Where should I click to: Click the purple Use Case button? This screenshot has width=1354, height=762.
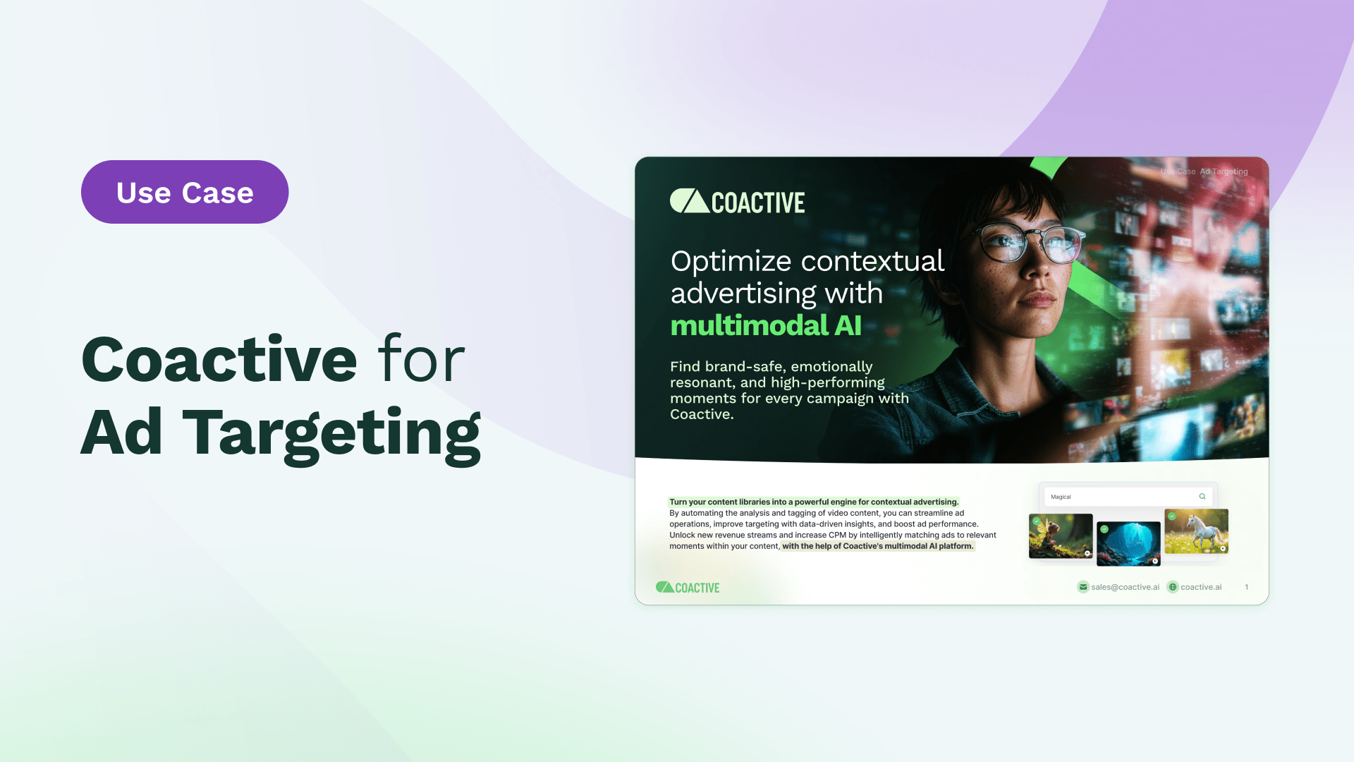pyautogui.click(x=185, y=192)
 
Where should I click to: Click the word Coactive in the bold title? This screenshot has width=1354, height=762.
pyautogui.click(x=219, y=359)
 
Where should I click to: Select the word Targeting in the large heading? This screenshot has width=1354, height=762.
pyautogui.click(x=331, y=433)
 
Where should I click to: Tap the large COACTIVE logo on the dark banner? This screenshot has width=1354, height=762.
pyautogui.click(x=737, y=202)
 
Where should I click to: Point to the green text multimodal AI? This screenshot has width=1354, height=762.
pyautogui.click(x=766, y=325)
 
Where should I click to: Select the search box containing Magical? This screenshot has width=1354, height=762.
pyautogui.click(x=1127, y=497)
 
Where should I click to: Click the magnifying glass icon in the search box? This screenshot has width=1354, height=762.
pyautogui.click(x=1202, y=497)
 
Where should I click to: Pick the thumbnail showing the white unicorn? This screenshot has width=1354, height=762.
pyautogui.click(x=1196, y=531)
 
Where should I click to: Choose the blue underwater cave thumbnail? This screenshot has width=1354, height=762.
pyautogui.click(x=1128, y=543)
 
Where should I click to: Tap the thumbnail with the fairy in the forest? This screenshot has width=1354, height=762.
pyautogui.click(x=1061, y=536)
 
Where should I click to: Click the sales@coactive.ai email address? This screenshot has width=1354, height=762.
pyautogui.click(x=1125, y=587)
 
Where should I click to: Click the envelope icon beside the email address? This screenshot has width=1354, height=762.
pyautogui.click(x=1083, y=587)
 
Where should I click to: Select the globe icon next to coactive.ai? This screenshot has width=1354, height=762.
pyautogui.click(x=1173, y=587)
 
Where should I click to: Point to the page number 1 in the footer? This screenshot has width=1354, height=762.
pyautogui.click(x=1247, y=587)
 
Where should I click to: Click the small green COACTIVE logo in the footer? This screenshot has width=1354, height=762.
pyautogui.click(x=688, y=587)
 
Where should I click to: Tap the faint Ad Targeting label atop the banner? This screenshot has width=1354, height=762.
pyautogui.click(x=1224, y=171)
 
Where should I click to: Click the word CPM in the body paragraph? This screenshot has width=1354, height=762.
pyautogui.click(x=837, y=535)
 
